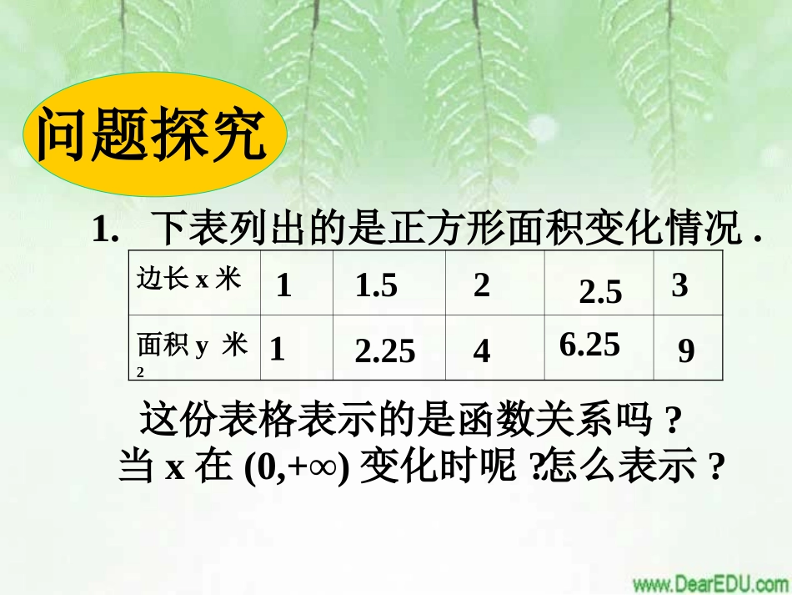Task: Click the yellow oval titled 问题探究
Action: (153, 134)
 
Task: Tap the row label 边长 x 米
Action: (188, 280)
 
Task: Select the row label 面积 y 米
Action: (193, 345)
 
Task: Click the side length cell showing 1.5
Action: (376, 286)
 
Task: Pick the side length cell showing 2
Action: (481, 285)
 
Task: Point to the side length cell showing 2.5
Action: (600, 292)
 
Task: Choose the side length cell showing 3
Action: (679, 285)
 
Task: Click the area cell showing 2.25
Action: (384, 352)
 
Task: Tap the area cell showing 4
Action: (481, 352)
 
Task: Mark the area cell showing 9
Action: (685, 352)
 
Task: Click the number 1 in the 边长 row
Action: (283, 286)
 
